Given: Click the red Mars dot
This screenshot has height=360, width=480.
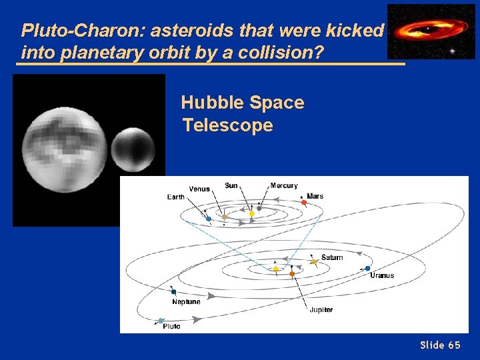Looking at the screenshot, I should tap(303, 203).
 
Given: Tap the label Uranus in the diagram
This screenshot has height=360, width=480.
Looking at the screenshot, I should tap(382, 275).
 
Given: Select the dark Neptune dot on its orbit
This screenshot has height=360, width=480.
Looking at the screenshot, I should tap(173, 292).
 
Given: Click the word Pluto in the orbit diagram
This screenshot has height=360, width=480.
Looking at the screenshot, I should tap(171, 327).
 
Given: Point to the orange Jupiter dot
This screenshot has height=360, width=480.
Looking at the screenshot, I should tap(291, 273).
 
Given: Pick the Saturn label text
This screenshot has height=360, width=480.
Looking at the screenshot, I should tap(332, 257).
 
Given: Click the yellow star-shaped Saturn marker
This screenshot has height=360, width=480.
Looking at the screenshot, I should tap(315, 263).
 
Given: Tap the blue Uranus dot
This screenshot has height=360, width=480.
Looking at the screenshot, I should tap(367, 269).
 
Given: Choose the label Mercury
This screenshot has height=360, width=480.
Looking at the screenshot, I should tap(284, 185).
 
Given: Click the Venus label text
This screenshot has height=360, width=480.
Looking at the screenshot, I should tap(199, 189).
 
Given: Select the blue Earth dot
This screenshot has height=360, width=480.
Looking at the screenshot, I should tap(209, 219).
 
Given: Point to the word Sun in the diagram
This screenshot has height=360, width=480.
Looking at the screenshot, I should tap(231, 185).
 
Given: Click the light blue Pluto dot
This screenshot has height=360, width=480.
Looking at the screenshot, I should tap(161, 321).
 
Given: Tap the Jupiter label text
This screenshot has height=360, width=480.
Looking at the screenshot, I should tap(321, 310).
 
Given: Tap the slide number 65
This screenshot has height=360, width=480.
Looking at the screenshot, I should tap(453, 345).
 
